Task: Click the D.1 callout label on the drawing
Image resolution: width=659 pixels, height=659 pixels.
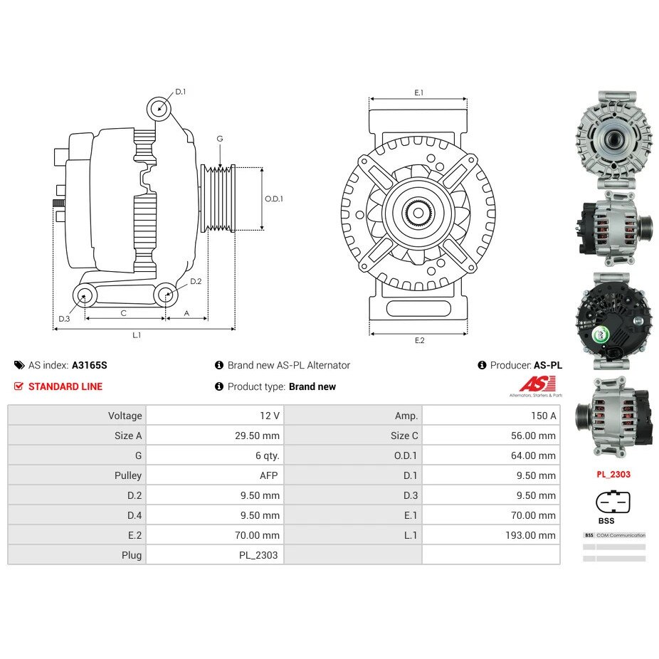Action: tap(180, 92)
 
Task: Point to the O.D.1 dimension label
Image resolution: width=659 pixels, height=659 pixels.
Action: tap(274, 199)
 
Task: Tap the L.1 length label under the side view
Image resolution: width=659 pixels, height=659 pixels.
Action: tap(136, 335)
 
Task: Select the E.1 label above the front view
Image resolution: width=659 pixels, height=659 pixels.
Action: tap(418, 93)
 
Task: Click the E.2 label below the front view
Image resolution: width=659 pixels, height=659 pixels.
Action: tap(419, 340)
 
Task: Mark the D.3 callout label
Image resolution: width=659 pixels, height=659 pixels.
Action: tap(64, 318)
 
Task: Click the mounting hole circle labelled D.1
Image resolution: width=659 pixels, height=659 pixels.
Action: tap(159, 109)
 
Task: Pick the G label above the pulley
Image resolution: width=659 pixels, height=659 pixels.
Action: tap(220, 139)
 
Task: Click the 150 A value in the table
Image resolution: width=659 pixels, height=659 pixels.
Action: tap(543, 416)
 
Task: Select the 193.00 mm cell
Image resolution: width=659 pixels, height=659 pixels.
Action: tap(530, 535)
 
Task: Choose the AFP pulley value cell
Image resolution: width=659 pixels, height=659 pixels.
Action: tap(268, 475)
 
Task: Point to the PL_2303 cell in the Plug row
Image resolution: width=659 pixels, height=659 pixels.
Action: tap(259, 555)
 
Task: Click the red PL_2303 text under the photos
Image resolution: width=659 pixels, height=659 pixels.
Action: tap(613, 474)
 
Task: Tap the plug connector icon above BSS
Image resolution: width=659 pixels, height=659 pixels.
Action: tap(613, 502)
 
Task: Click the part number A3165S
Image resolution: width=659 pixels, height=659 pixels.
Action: tap(89, 365)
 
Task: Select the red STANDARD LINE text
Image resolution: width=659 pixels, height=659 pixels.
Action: tap(65, 386)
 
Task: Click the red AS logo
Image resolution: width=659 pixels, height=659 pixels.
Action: tap(532, 384)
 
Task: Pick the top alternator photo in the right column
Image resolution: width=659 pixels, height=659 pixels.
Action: tap(613, 137)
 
